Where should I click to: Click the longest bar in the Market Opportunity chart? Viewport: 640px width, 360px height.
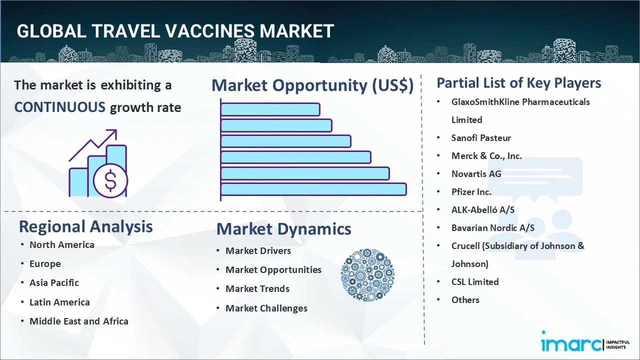point(313,189)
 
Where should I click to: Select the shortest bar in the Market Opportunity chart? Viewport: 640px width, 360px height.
point(270,109)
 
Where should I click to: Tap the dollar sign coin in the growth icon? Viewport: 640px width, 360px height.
point(110,181)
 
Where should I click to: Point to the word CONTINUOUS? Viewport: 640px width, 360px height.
point(60,107)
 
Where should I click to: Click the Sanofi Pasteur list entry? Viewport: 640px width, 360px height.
point(481,138)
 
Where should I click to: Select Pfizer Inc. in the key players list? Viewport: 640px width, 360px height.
point(471,192)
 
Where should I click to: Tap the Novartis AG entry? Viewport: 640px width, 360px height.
point(476,174)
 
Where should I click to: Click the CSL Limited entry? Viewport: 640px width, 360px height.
point(475,282)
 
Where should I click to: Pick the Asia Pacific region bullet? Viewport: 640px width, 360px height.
point(54,283)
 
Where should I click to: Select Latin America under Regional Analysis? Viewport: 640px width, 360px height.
point(59,302)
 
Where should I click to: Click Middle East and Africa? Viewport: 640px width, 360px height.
point(79,321)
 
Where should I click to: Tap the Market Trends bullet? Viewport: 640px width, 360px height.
point(257,289)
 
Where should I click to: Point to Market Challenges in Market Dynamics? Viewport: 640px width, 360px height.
point(266,308)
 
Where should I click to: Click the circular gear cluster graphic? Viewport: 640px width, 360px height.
point(367,275)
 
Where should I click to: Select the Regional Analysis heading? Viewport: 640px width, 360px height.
point(85,226)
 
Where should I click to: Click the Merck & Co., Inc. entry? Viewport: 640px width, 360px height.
point(486,156)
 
